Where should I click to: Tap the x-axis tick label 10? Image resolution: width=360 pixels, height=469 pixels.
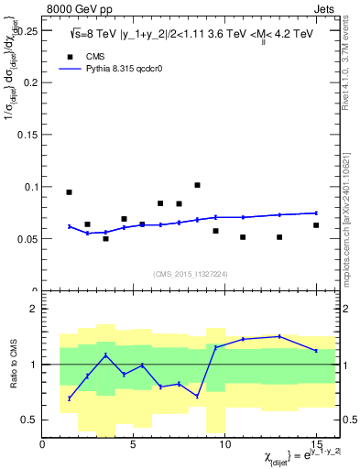click(x=224, y=444)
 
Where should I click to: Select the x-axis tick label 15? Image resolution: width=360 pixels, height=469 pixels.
click(x=316, y=444)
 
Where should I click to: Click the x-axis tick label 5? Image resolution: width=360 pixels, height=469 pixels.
click(x=134, y=444)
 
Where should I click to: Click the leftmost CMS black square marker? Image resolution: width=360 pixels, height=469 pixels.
click(x=69, y=192)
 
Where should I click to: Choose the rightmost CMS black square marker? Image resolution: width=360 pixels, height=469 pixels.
click(x=316, y=225)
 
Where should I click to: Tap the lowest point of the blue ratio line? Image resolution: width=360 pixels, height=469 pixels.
click(x=69, y=398)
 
